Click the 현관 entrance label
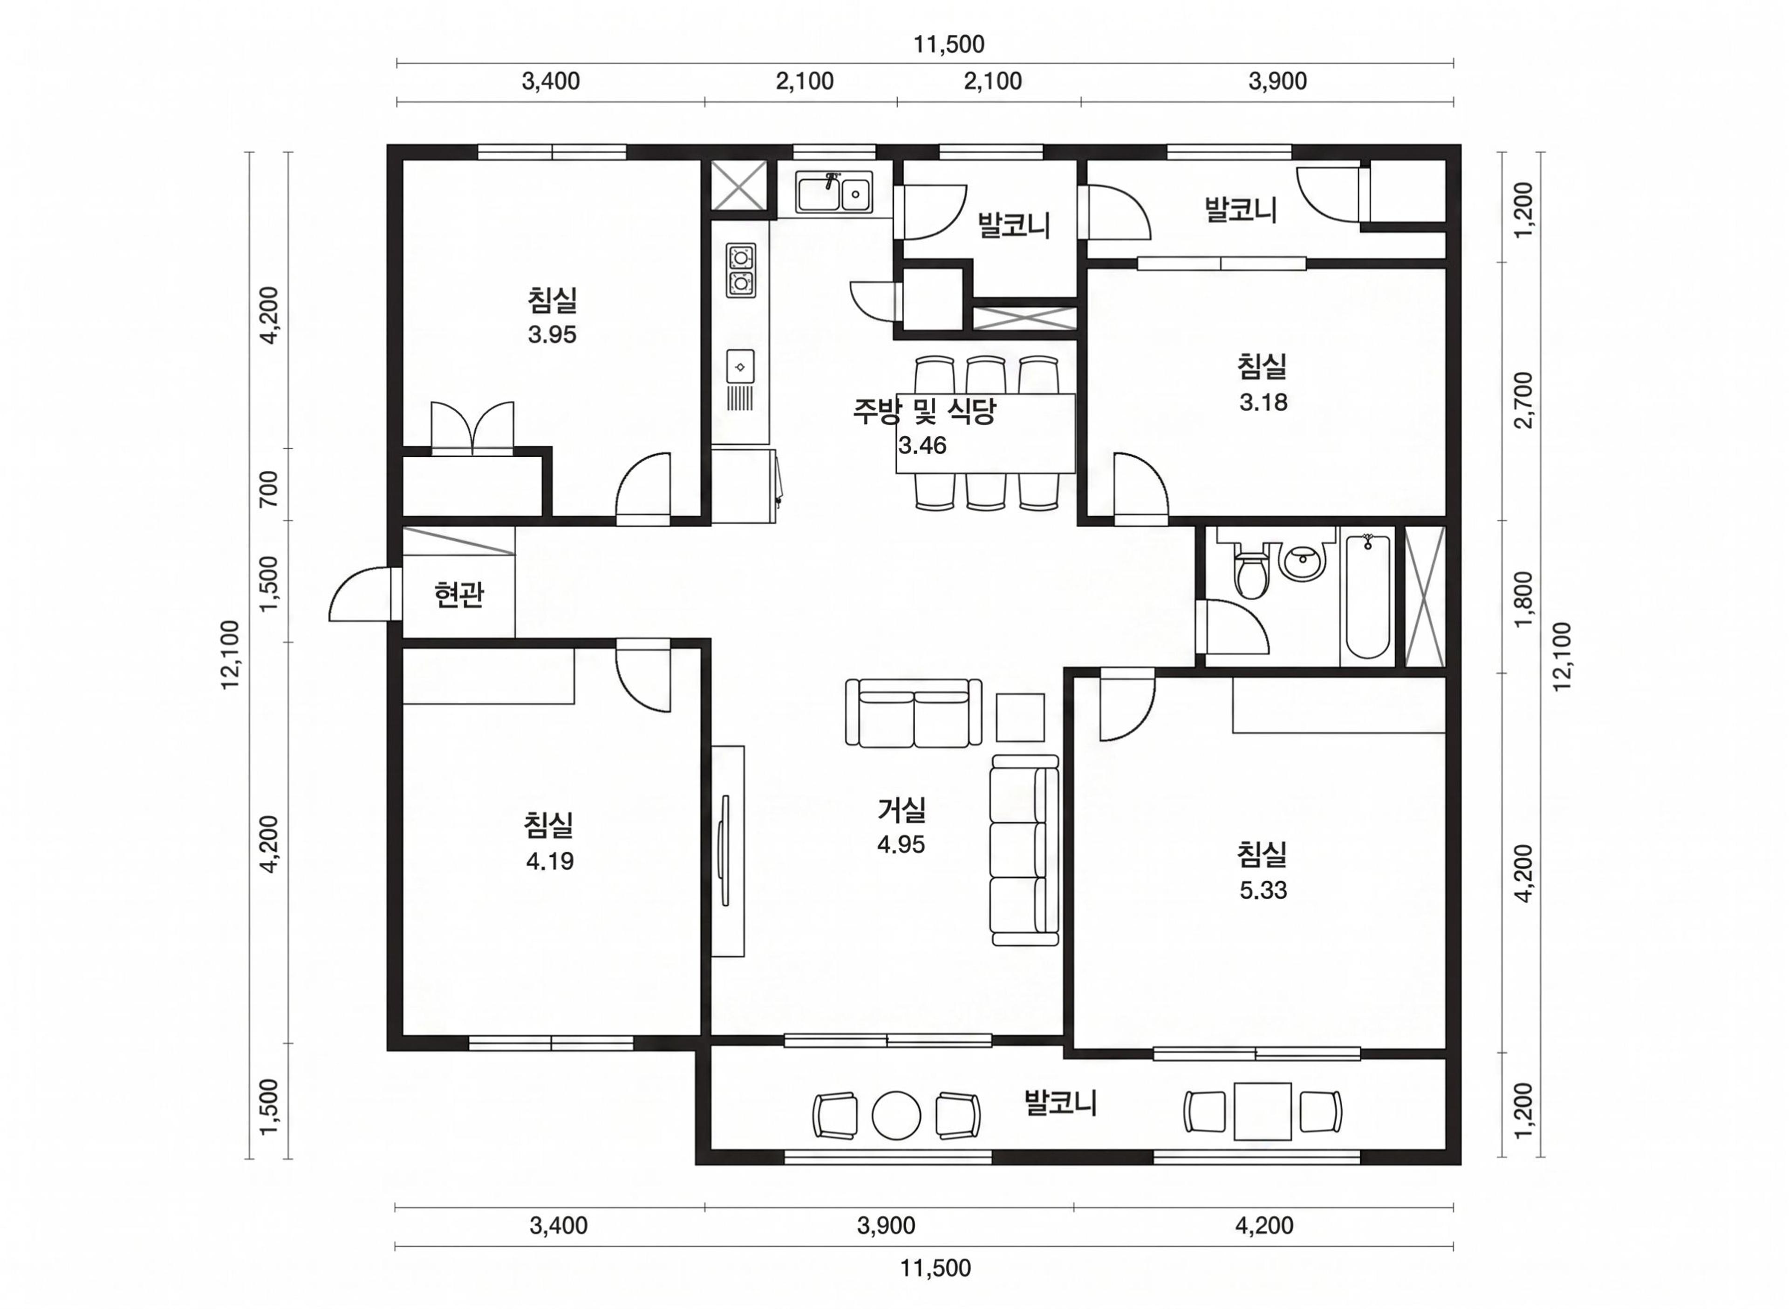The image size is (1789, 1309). click(x=459, y=594)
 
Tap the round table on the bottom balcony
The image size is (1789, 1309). click(x=896, y=1116)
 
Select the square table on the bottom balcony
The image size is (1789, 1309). click(x=1263, y=1111)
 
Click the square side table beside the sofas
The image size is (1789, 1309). click(x=1020, y=717)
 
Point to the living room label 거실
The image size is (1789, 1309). click(x=901, y=809)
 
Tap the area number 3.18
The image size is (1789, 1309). click(x=1263, y=402)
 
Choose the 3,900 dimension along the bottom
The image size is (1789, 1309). click(x=886, y=1226)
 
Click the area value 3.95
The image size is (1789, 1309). click(x=553, y=334)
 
